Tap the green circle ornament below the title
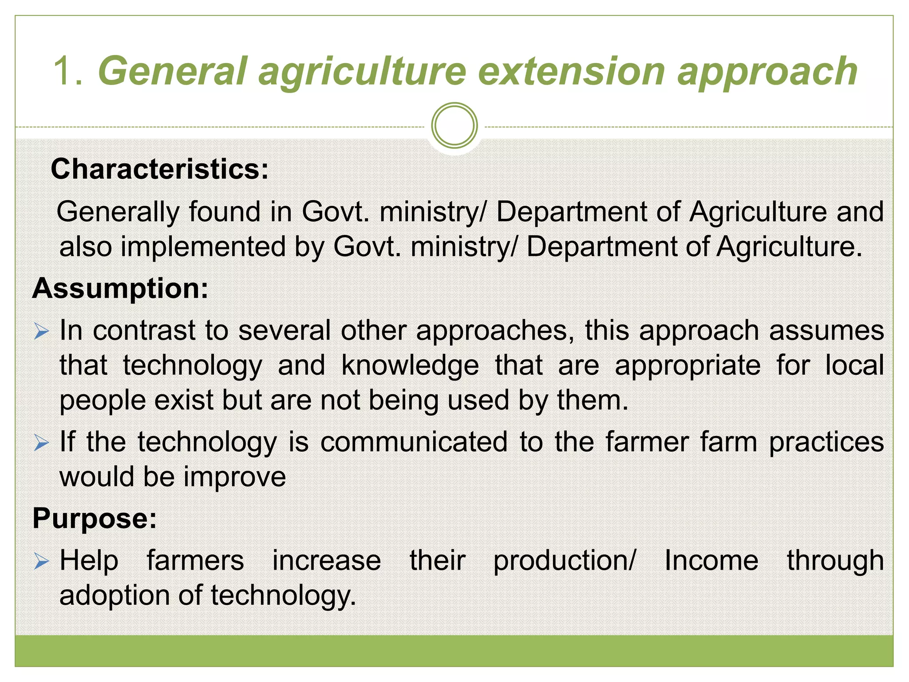click(454, 126)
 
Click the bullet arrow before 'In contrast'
click(41, 331)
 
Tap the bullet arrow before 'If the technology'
click(41, 443)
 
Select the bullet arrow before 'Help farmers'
click(41, 562)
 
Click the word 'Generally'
click(118, 212)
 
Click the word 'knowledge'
click(410, 365)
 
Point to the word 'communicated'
click(414, 442)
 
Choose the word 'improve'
click(235, 477)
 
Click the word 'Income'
click(711, 560)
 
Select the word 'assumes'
click(826, 331)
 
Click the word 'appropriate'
click(688, 366)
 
